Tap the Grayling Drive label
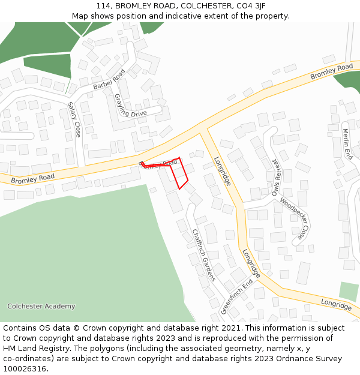click(x=130, y=106)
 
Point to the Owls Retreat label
click(x=275, y=178)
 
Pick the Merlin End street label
click(x=347, y=143)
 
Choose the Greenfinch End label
click(x=236, y=296)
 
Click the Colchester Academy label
click(x=41, y=307)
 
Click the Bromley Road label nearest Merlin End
click(x=331, y=72)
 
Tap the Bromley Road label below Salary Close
click(x=32, y=178)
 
